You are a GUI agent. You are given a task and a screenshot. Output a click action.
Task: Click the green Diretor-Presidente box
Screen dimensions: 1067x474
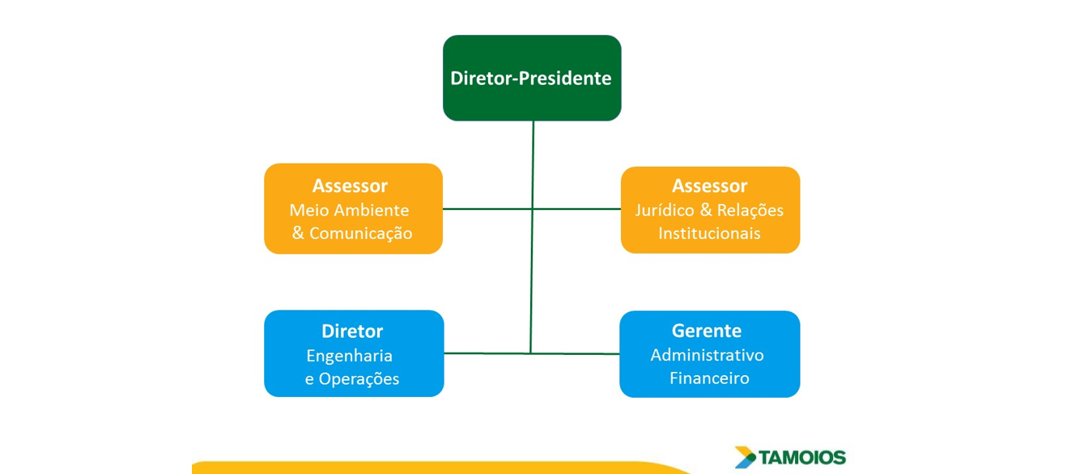click(532, 78)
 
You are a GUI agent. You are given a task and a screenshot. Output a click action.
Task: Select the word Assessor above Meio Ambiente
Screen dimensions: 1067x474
click(350, 186)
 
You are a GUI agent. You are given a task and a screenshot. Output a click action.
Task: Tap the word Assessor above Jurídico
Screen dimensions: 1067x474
click(710, 186)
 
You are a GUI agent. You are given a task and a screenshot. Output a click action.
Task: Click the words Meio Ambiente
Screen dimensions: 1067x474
click(349, 210)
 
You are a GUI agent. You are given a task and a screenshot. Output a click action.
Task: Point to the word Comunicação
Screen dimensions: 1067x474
click(361, 233)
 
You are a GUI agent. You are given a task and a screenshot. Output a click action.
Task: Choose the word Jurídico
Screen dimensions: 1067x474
click(665, 210)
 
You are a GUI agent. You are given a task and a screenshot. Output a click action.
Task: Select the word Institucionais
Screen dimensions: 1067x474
click(709, 233)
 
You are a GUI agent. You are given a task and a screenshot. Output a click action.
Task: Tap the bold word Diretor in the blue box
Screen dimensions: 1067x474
click(352, 331)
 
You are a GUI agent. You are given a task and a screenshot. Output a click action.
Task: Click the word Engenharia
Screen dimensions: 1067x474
click(349, 356)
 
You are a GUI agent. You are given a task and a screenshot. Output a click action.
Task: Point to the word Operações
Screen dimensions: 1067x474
click(359, 378)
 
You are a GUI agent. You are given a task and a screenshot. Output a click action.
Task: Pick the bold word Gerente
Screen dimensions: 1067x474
click(707, 331)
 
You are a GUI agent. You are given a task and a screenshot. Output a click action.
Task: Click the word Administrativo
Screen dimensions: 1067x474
click(708, 355)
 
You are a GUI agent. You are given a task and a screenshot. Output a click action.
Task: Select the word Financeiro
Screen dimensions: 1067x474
click(709, 378)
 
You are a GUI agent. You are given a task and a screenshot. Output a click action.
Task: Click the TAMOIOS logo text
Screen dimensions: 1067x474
click(802, 458)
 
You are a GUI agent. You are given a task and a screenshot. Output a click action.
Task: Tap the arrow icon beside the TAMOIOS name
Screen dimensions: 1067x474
click(745, 457)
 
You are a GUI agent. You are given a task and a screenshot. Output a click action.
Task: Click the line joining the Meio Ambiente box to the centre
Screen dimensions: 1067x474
click(487, 209)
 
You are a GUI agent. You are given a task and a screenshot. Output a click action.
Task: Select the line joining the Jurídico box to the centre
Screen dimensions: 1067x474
click(576, 209)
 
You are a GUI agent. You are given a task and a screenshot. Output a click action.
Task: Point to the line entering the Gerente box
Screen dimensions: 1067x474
click(575, 354)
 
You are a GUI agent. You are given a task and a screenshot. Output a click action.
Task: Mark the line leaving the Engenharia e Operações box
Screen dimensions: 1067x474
click(487, 353)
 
